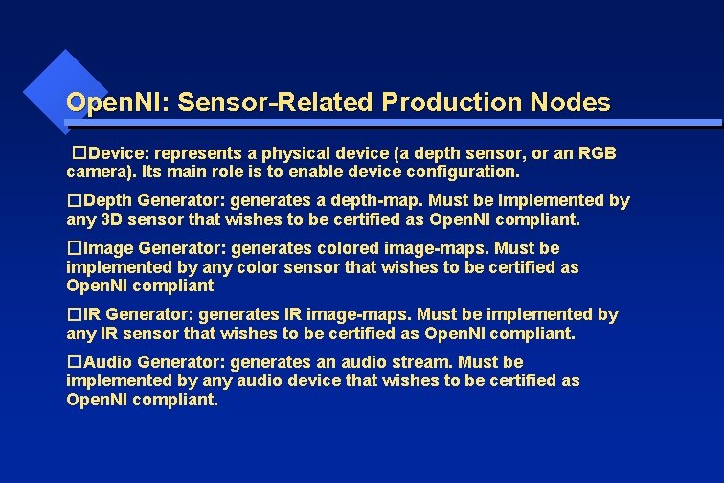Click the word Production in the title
pos(443,102)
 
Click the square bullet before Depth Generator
pos(73,201)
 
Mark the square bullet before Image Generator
pos(73,249)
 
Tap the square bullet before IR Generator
pos(73,314)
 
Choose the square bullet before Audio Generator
pos(73,362)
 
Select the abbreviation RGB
pos(597,153)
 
